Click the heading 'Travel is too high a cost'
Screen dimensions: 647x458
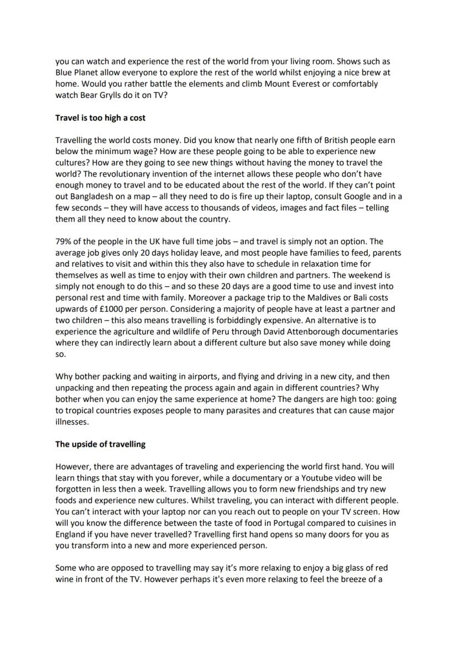coord(100,118)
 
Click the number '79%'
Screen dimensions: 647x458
coord(65,241)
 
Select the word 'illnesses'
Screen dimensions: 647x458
coord(72,422)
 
